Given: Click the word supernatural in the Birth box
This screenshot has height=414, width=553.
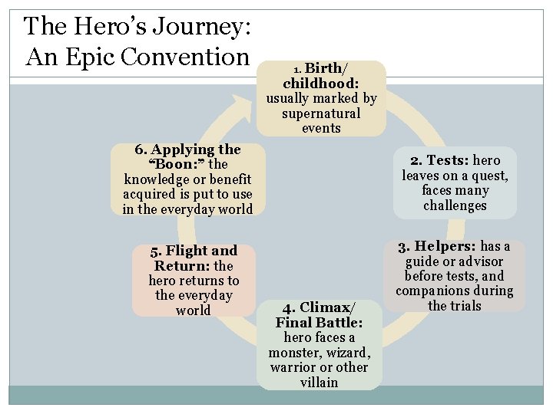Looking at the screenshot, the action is point(321,113).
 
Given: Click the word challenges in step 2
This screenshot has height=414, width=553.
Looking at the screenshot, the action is point(455,205).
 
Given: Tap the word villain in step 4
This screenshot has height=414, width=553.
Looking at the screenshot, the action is point(320,382).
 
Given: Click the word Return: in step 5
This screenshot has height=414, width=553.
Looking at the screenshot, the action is point(183,266).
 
